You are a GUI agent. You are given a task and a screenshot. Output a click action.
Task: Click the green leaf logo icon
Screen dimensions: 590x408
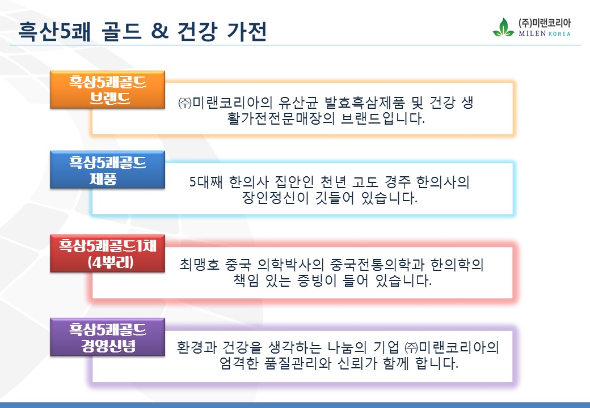tap(503, 27)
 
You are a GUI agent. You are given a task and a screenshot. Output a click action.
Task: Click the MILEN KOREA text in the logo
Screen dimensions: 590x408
tap(545, 33)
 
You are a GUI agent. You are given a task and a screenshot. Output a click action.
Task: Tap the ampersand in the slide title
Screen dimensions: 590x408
tap(159, 31)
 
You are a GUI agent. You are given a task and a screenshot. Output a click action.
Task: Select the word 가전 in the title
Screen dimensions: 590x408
tap(247, 31)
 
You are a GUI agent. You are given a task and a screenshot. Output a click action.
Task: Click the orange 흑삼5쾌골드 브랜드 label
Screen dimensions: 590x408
tap(108, 90)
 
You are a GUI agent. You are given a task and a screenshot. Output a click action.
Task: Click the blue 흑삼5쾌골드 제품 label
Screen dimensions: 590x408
tap(108, 170)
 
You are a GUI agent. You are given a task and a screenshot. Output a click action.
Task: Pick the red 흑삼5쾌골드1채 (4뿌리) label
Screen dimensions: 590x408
tap(108, 254)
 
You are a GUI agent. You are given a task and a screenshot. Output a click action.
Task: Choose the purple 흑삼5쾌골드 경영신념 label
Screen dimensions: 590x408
tap(108, 337)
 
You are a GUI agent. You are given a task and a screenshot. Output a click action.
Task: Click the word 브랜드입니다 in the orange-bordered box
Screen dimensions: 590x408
tap(383, 119)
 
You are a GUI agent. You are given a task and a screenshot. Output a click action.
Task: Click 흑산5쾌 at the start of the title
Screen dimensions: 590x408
tap(54, 31)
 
